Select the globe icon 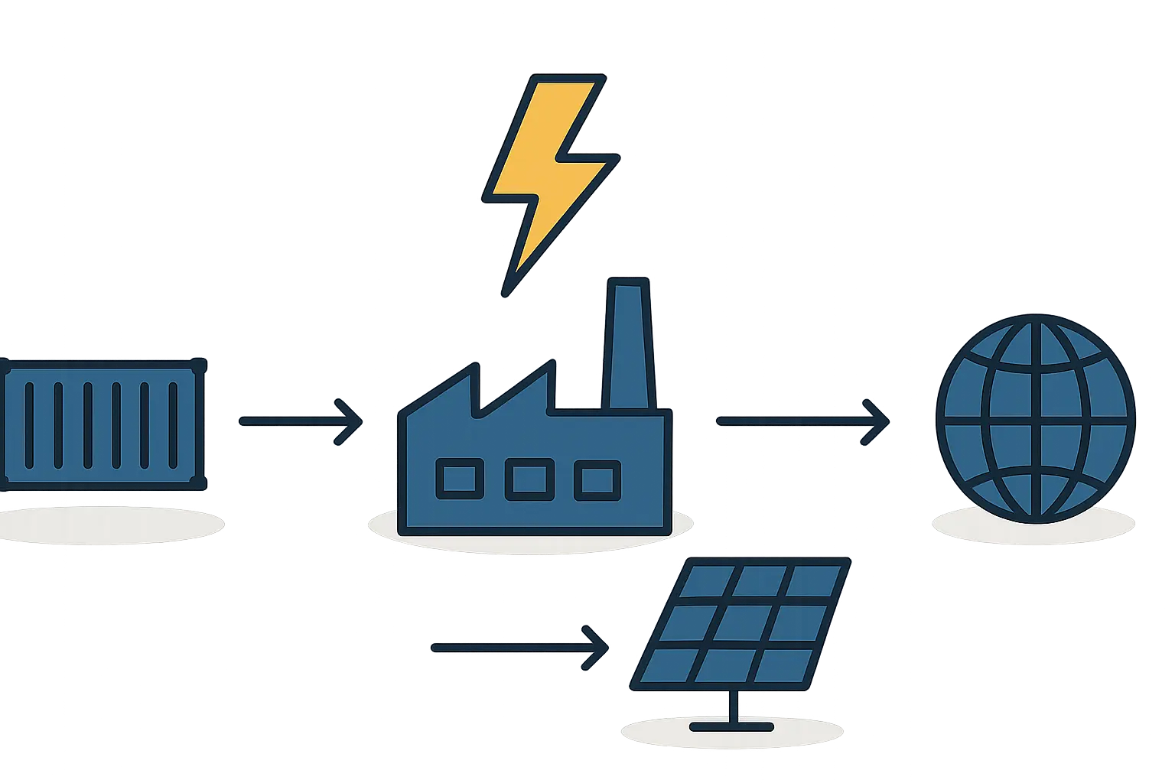(1036, 419)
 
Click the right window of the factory (597, 479)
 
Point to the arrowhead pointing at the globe (878, 421)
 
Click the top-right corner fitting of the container (198, 366)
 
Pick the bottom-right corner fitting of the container (198, 482)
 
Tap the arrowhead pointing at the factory (350, 421)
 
